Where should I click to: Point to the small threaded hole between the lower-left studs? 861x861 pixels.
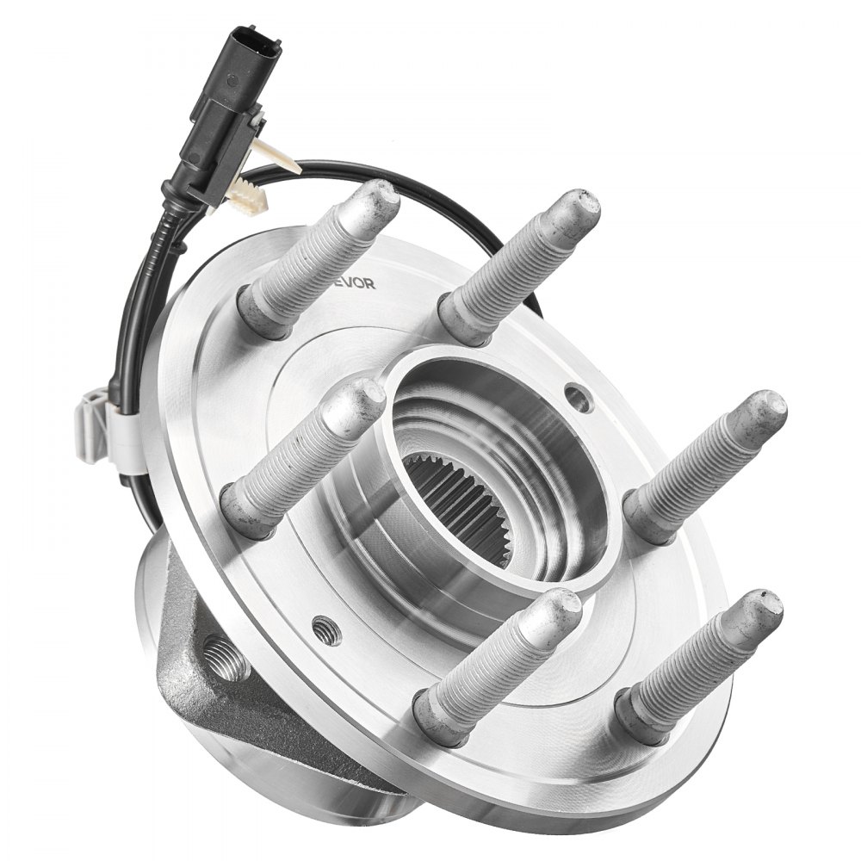point(327,631)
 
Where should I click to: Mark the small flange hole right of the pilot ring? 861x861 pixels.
point(578,398)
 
